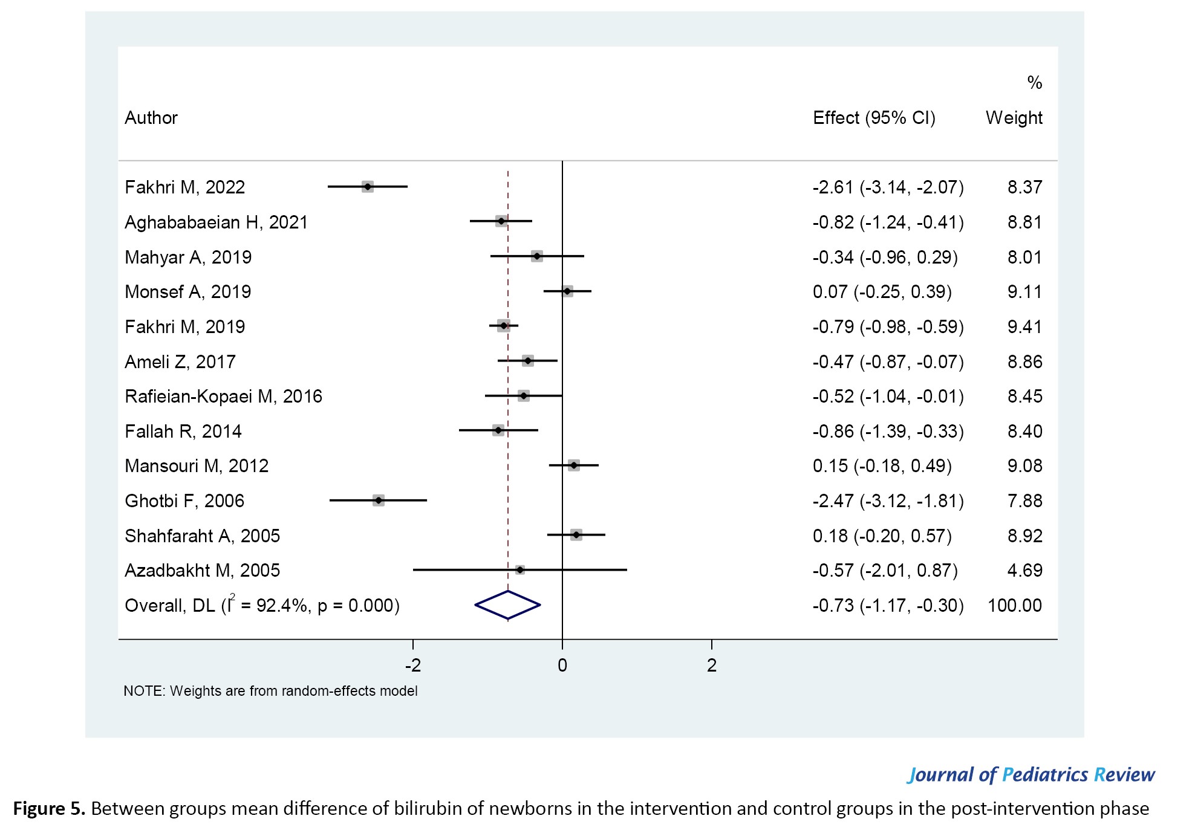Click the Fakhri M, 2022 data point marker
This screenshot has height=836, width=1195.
tap(367, 187)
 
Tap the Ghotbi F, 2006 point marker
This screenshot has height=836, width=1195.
tap(379, 501)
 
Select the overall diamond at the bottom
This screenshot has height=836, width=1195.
tap(507, 605)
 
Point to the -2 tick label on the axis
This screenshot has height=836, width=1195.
tap(413, 666)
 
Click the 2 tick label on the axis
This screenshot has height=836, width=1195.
tap(712, 666)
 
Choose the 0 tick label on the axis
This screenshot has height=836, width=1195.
tap(562, 666)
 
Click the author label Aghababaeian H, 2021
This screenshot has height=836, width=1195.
tap(216, 222)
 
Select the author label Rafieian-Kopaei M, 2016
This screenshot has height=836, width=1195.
tap(223, 397)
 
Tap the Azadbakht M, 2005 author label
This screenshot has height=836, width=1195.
tap(202, 571)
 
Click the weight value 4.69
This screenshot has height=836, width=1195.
tap(1024, 571)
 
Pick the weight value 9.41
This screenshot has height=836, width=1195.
tap(1024, 327)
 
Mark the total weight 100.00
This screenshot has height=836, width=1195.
tap(1015, 606)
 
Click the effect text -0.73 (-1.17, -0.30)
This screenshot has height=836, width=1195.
tap(888, 606)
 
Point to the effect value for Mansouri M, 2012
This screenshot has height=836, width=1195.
tap(882, 466)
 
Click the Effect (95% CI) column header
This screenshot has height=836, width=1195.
tap(874, 118)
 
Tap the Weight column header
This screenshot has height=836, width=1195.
tap(1014, 118)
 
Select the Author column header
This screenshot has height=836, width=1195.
tap(151, 118)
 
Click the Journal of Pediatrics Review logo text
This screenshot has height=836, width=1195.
tap(1031, 775)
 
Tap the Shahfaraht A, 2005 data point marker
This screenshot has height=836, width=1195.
tap(576, 535)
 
